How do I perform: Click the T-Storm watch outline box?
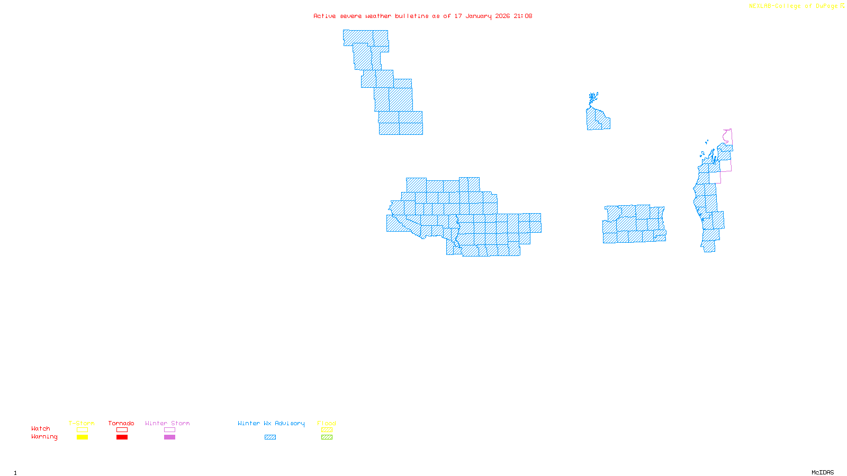82,430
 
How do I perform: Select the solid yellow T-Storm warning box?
82,437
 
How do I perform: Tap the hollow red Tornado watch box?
122,430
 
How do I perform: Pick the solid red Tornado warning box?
122,437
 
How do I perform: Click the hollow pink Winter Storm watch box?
169,430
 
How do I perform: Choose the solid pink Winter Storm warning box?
169,437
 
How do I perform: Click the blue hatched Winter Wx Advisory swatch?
270,437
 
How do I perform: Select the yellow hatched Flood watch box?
327,430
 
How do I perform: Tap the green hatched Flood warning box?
327,437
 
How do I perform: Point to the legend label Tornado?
121,423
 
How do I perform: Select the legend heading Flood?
327,423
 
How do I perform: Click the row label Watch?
41,428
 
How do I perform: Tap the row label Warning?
44,437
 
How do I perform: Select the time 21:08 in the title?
522,16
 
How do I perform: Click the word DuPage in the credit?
826,6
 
